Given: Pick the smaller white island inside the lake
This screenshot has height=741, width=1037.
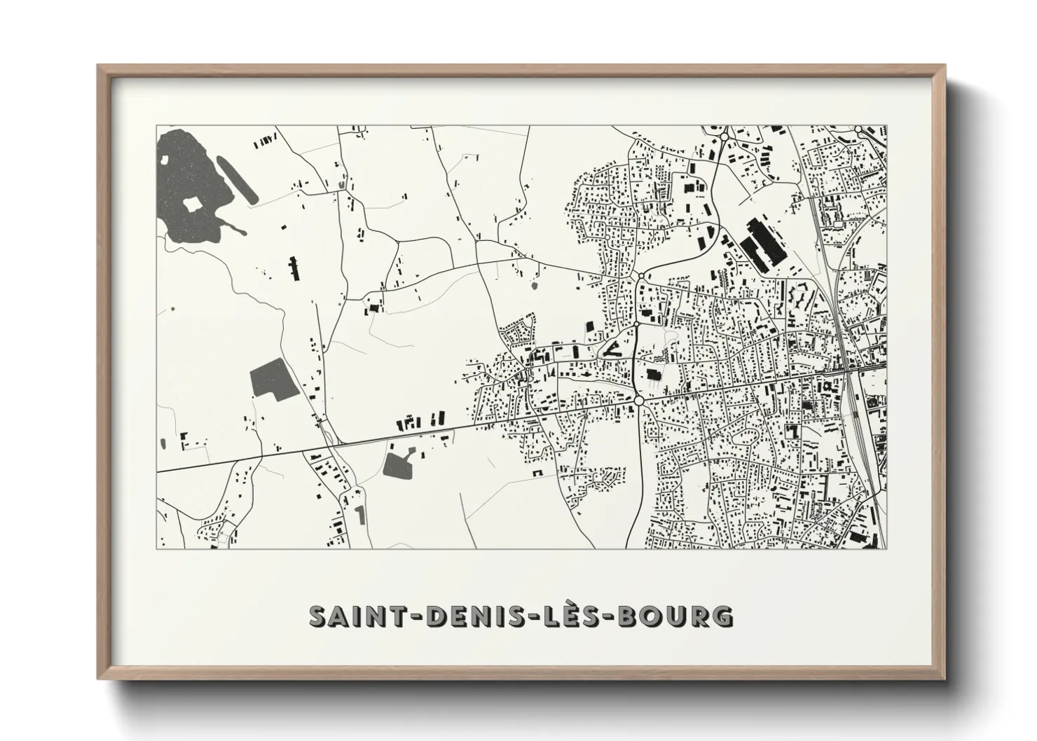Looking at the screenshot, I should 165,159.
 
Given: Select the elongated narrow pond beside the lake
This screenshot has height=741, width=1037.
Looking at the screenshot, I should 234,178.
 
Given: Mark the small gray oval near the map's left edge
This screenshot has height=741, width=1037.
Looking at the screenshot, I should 163,443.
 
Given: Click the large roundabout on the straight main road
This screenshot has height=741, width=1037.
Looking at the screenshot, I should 638,400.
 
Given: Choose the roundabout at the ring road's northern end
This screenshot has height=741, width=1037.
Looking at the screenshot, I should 640,277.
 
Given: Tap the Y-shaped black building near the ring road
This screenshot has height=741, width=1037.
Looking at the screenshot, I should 610,348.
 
